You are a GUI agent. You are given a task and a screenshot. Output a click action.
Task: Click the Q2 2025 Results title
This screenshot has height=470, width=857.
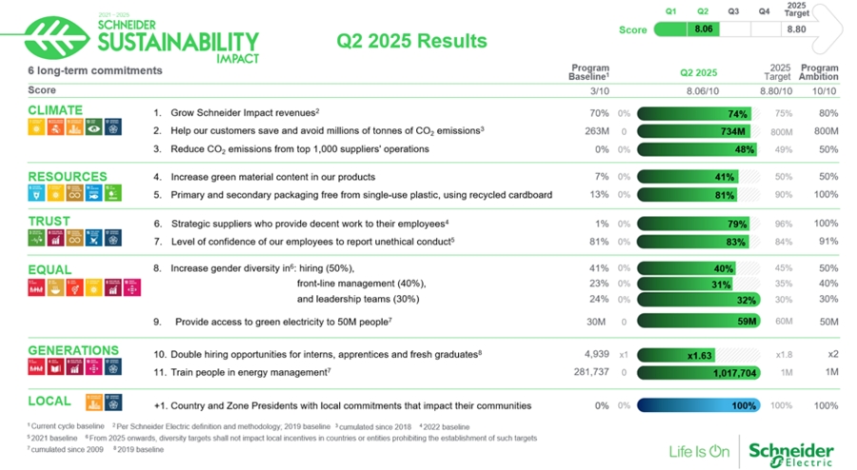(x=411, y=41)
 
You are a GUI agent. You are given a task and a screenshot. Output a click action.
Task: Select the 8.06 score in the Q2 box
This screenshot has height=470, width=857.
(x=705, y=29)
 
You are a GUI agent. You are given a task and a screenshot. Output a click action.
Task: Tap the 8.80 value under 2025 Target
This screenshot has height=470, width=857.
(x=796, y=29)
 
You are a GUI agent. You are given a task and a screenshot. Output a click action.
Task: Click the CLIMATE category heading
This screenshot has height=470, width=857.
(x=55, y=110)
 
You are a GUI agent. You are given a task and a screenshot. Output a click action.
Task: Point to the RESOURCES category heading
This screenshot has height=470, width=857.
(x=67, y=176)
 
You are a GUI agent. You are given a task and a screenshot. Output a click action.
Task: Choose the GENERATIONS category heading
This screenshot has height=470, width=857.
(x=73, y=350)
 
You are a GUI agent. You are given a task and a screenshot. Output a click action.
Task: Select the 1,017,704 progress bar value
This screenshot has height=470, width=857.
(x=734, y=373)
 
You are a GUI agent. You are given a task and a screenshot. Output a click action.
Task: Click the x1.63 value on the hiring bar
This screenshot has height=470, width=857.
(x=700, y=355)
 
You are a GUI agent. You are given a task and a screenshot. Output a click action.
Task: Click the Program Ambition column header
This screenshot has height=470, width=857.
(x=819, y=72)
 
